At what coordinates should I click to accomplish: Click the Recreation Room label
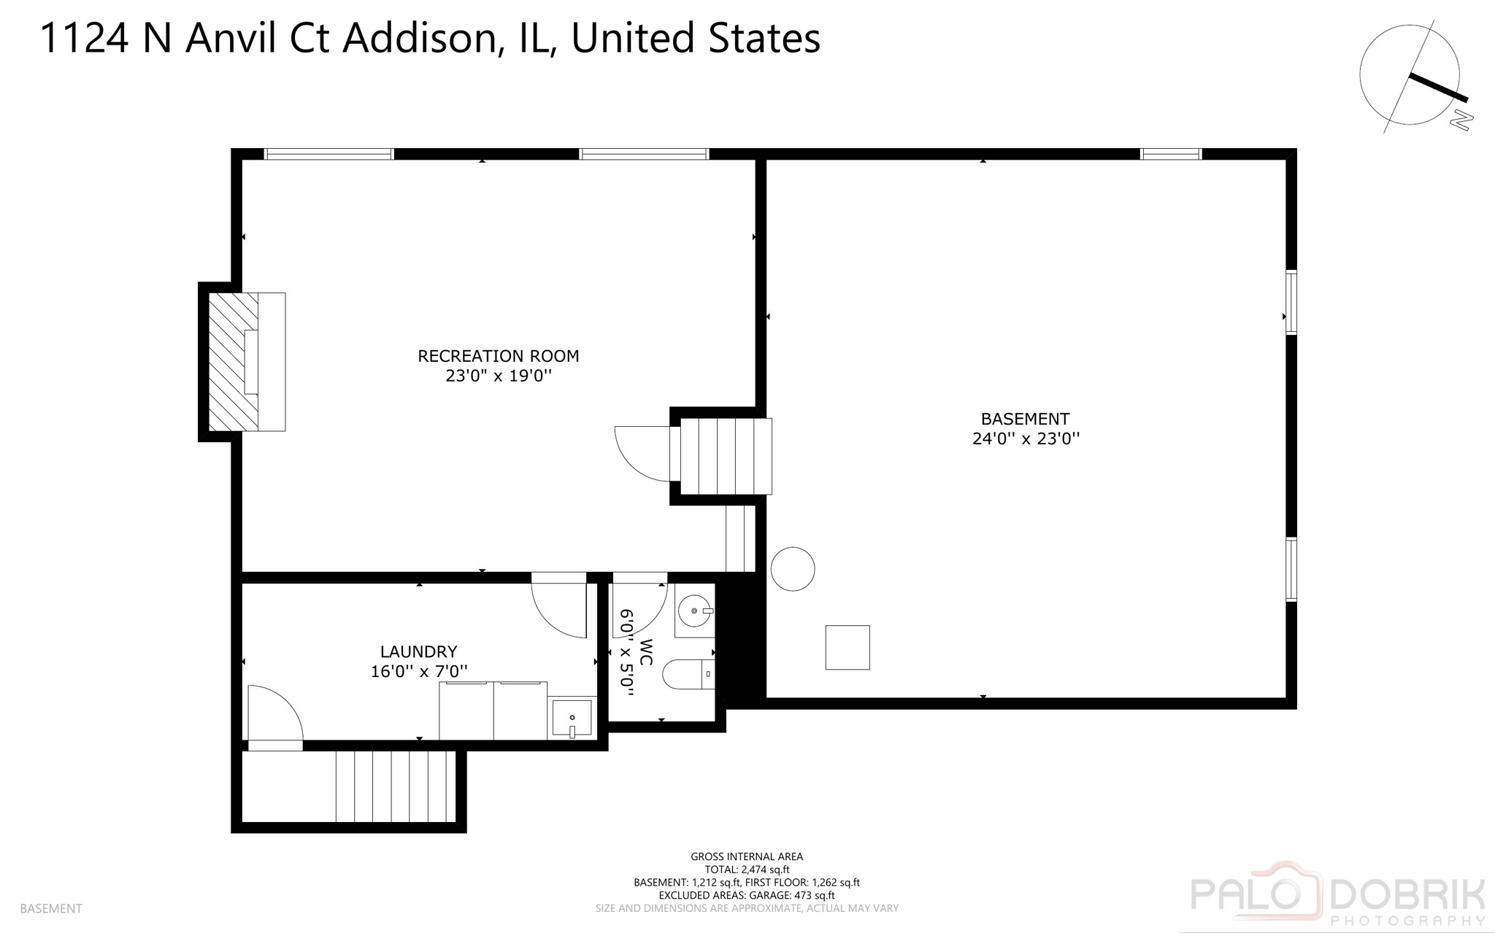point(498,356)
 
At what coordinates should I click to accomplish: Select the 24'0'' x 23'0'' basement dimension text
point(1026,438)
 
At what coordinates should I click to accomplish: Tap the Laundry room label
point(418,651)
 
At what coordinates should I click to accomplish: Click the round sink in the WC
point(694,611)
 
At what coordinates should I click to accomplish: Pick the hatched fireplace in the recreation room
point(234,362)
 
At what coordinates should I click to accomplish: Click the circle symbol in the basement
point(793,569)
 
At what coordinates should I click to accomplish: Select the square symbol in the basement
point(848,647)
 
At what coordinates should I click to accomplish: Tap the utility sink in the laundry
point(572,719)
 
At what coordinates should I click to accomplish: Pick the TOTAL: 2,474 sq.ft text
point(747,870)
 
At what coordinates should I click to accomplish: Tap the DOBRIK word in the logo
point(1406,894)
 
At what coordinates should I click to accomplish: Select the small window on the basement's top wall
point(1171,154)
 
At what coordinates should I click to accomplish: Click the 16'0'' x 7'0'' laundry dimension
point(418,671)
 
